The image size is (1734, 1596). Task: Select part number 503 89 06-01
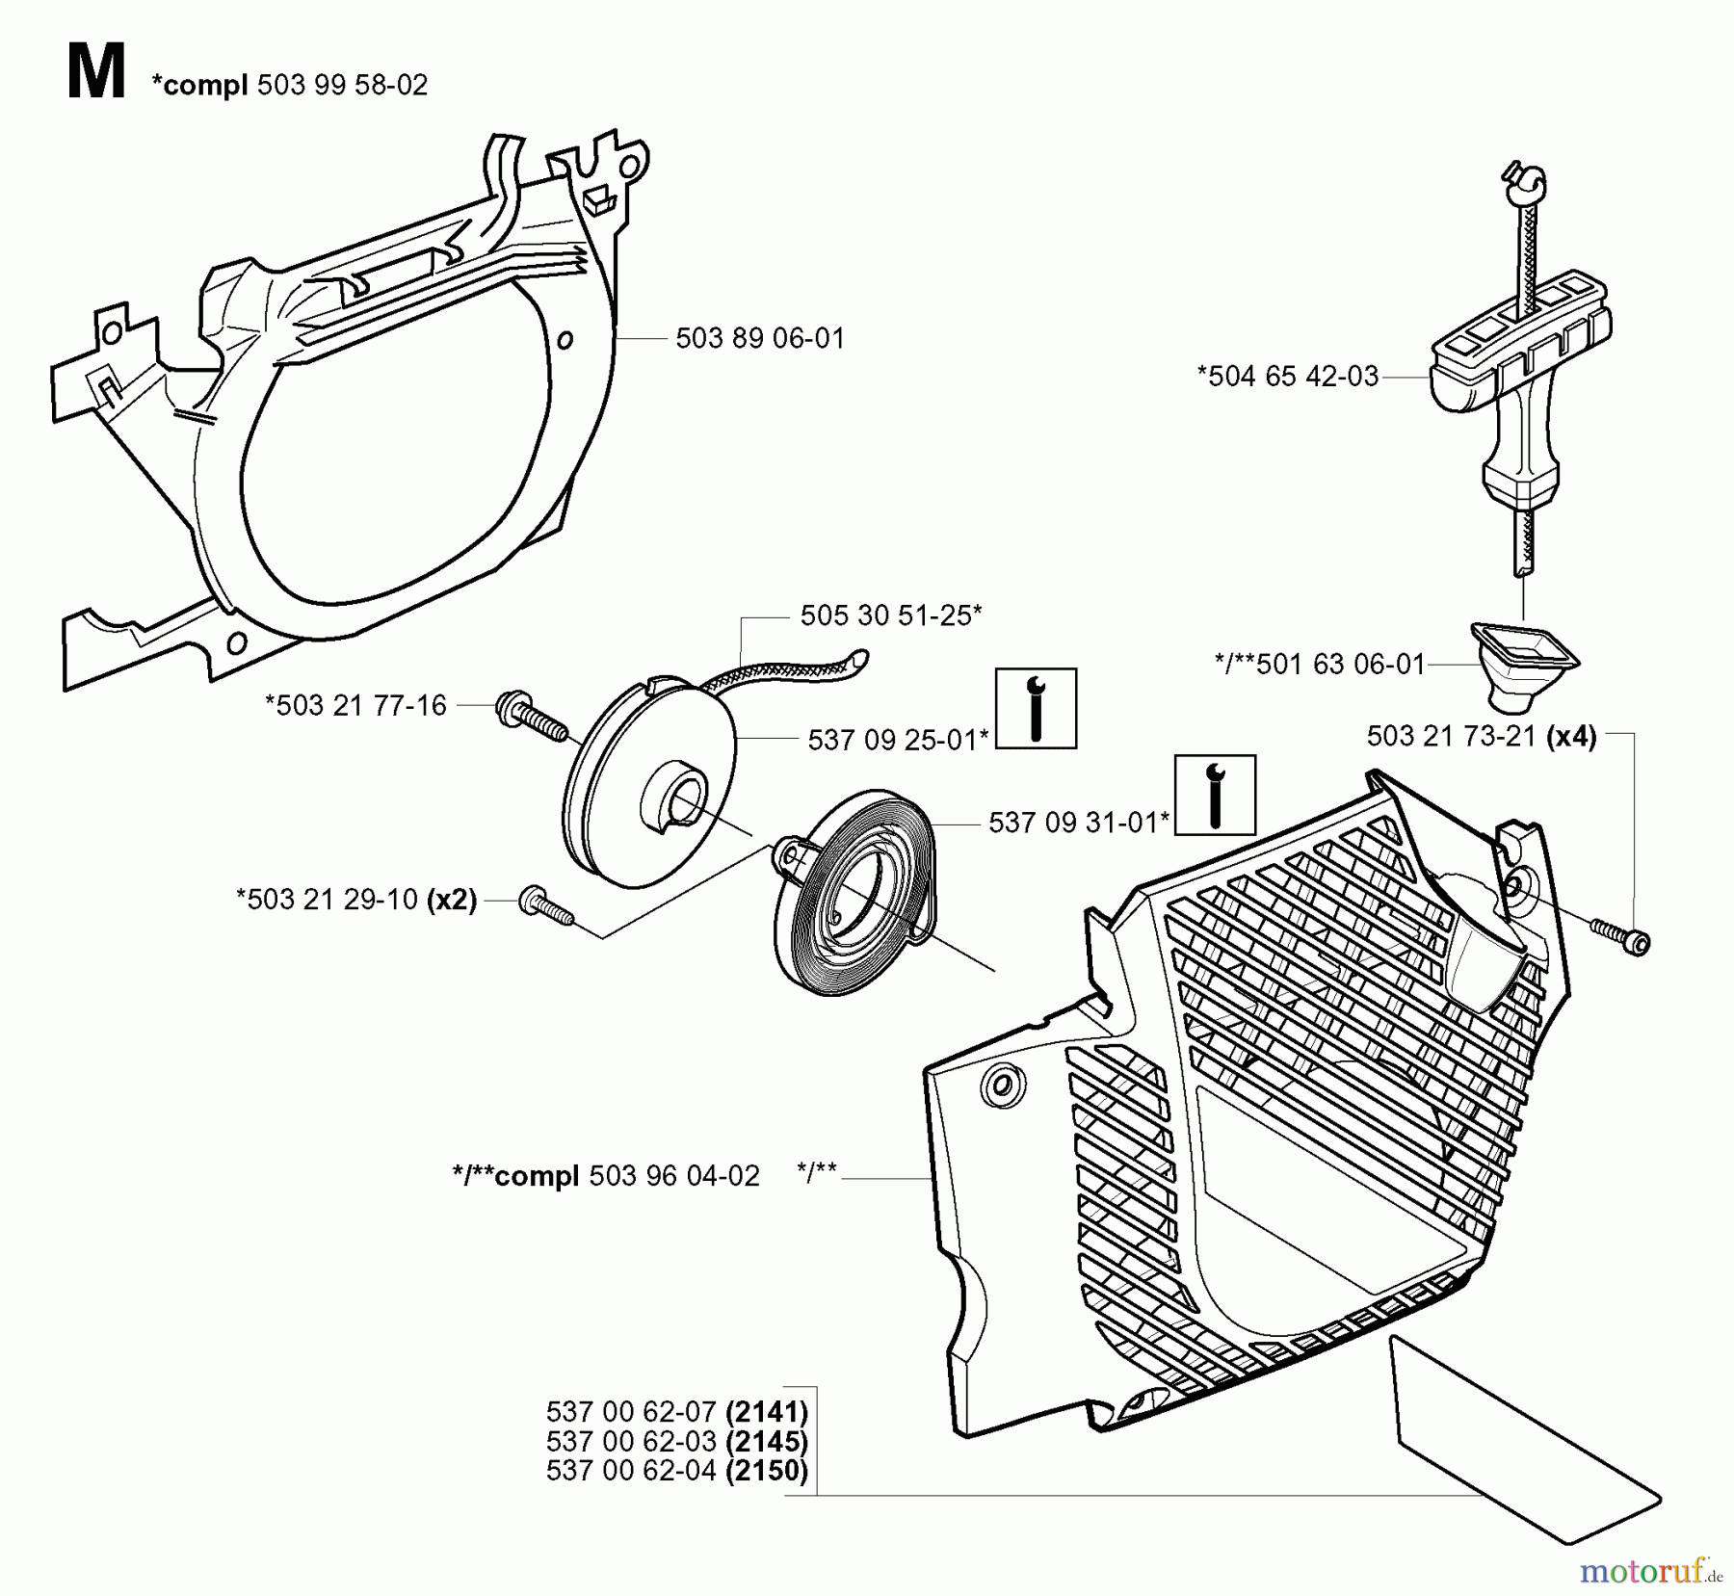coord(759,339)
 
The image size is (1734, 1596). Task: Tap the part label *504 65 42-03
coord(1287,377)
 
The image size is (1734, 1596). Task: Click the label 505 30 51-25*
coord(891,615)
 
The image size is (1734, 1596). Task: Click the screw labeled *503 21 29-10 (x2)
coord(545,907)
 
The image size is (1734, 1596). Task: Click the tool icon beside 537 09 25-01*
coord(1036,708)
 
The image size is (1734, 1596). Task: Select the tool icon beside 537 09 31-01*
coord(1215,795)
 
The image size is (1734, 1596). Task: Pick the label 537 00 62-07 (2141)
coord(676,1412)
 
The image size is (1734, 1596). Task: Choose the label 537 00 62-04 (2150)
coord(676,1471)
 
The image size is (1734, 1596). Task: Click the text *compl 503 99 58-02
coord(289,86)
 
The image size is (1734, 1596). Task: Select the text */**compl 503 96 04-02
coord(606,1176)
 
